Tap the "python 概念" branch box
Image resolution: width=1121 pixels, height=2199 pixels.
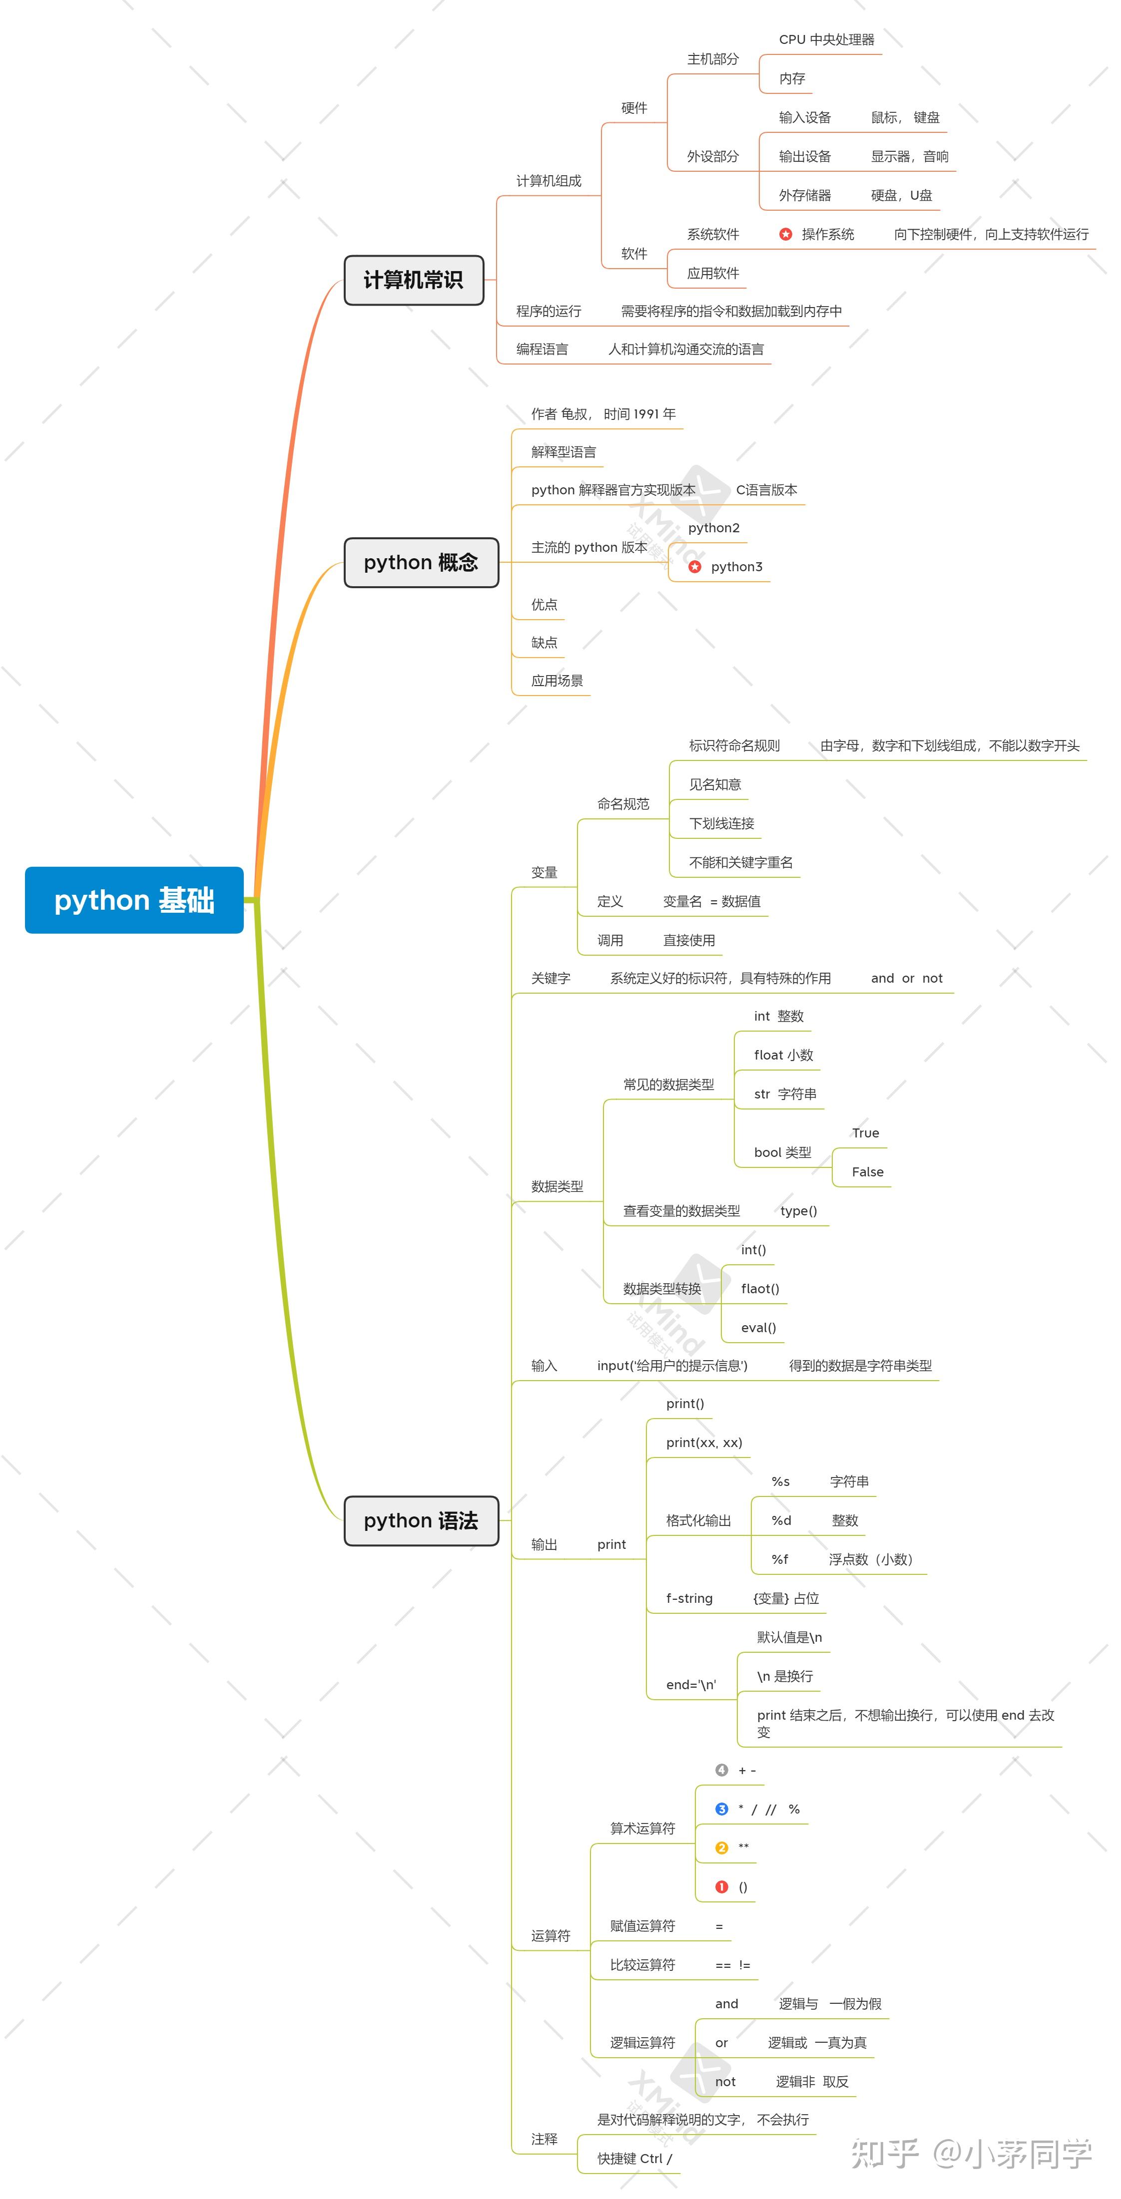(x=421, y=563)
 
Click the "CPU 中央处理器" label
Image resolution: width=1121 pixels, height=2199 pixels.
(x=826, y=39)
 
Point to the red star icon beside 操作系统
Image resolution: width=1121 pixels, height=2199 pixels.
(x=785, y=234)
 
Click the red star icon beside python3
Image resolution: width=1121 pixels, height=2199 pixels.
(x=695, y=567)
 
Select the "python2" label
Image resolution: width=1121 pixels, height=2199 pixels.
(x=714, y=528)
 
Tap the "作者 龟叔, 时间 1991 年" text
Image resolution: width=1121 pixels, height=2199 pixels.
(x=603, y=414)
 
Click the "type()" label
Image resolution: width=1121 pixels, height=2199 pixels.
(x=798, y=1210)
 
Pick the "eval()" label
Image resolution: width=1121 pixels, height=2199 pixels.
(x=758, y=1327)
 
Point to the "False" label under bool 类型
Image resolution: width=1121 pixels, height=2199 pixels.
(x=867, y=1172)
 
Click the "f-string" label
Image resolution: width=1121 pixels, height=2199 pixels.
(x=689, y=1598)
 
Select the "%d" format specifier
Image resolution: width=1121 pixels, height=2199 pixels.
(x=781, y=1520)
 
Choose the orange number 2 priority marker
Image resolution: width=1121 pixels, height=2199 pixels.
(x=721, y=1847)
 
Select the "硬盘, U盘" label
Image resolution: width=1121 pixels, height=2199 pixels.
(x=902, y=196)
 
